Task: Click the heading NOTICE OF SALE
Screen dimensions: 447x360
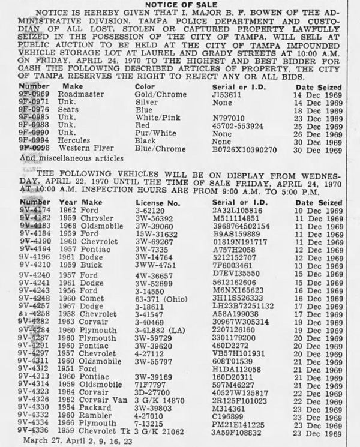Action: click(x=180, y=5)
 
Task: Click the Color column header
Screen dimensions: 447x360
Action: click(x=145, y=86)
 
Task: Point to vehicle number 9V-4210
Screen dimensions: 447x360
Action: click(x=34, y=265)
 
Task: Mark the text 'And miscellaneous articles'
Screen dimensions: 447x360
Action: click(x=71, y=158)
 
